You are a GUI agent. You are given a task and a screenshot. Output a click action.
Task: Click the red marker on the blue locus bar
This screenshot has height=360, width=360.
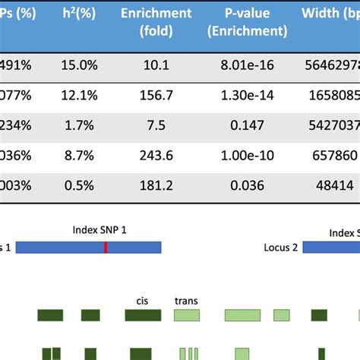point(106,247)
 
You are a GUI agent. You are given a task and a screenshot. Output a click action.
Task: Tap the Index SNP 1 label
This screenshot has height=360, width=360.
point(100,230)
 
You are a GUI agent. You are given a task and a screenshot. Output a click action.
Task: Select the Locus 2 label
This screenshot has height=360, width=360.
point(281,248)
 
